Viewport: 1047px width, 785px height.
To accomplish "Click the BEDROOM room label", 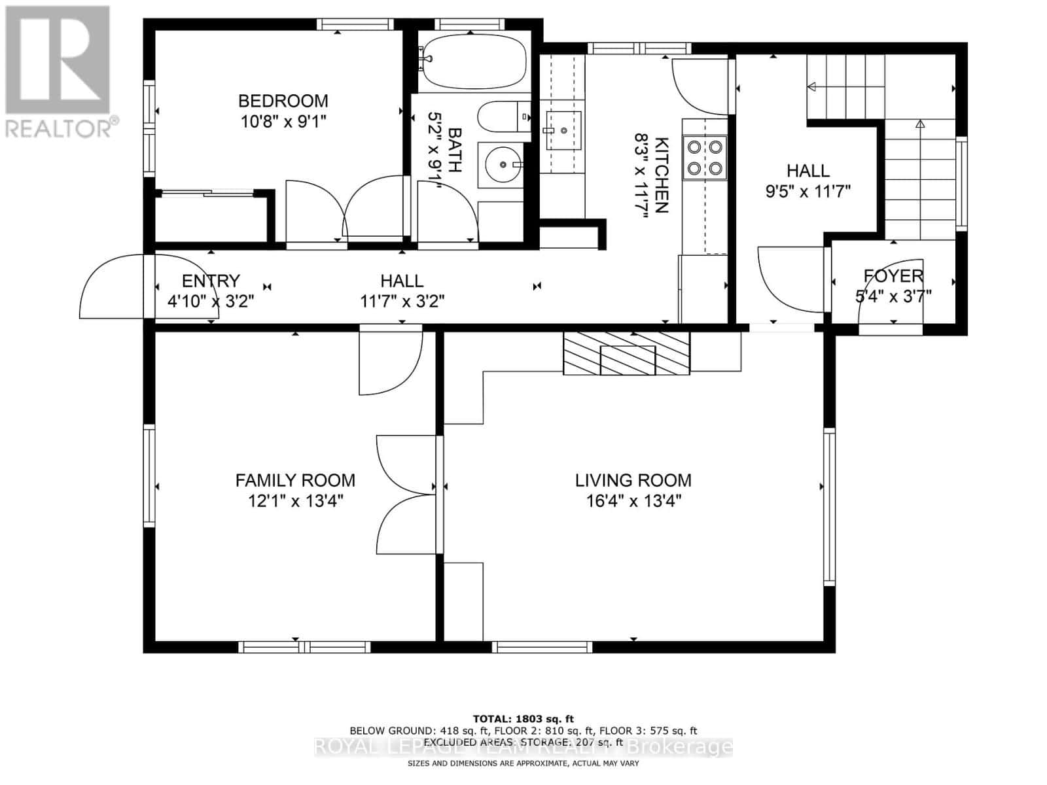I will point(283,101).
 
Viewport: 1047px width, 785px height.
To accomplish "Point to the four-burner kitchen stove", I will point(705,158).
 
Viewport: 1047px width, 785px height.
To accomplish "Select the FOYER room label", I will point(893,275).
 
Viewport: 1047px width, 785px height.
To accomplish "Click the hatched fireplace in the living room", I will point(627,353).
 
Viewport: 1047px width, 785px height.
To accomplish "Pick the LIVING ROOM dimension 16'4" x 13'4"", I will point(633,502).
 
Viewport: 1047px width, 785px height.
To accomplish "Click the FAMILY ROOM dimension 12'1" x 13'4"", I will point(295,502).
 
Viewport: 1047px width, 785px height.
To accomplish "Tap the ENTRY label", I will point(211,281).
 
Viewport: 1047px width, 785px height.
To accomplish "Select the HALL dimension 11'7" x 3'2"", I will point(402,302).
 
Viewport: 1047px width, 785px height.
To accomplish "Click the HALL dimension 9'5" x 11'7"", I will point(807,192).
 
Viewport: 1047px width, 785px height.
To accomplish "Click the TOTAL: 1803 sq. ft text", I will point(523,719).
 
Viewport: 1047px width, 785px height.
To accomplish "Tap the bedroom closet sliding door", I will point(206,192).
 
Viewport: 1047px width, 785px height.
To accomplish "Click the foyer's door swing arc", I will point(877,313).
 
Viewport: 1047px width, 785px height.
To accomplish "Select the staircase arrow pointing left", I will point(815,86).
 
